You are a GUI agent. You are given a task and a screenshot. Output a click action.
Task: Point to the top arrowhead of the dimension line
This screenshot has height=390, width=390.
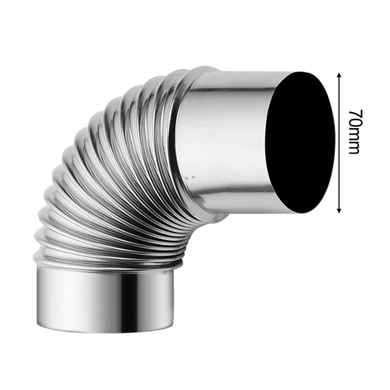coord(339,74)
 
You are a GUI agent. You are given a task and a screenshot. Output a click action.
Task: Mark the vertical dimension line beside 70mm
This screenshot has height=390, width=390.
coord(339,164)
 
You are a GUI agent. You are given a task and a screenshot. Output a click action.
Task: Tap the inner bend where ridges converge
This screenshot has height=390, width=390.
coord(183,230)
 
